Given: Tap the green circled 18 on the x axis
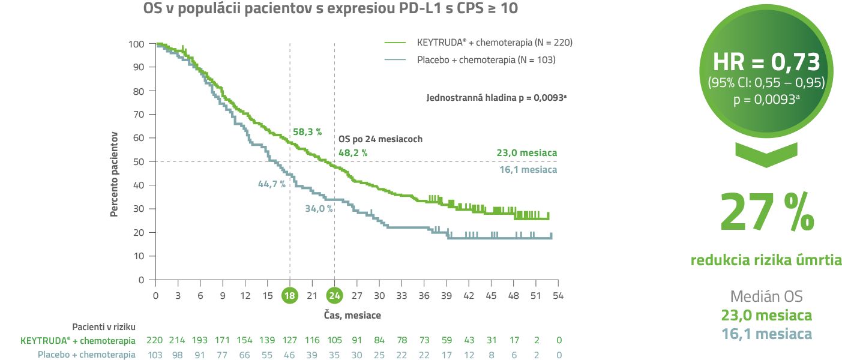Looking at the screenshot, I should tap(290, 296).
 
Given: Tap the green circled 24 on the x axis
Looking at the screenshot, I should tap(335, 296).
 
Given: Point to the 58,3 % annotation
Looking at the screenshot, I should tap(307, 131).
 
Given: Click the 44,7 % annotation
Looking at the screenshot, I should tap(272, 184).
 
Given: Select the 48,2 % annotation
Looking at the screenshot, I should tap(353, 153).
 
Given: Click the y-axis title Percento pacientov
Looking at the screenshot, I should tap(113, 174).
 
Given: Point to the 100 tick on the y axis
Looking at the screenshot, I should tap(137, 44).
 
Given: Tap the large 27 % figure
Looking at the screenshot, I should tap(767, 212).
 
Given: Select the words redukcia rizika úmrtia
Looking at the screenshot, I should tap(766, 260).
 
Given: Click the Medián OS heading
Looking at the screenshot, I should tap(766, 296).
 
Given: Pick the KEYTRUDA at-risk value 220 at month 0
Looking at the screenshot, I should tap(155, 341).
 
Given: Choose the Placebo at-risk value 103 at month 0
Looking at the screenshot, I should tap(155, 355).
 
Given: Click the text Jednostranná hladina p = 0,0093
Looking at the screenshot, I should tap(496, 97).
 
